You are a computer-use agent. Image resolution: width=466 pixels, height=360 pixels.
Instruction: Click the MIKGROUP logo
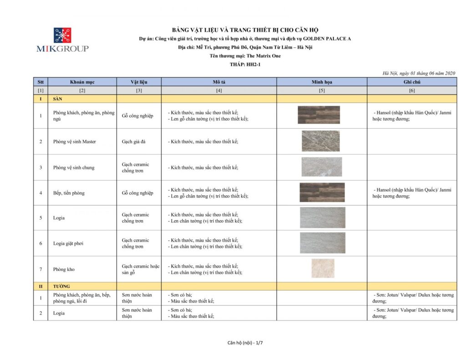click(x=62, y=40)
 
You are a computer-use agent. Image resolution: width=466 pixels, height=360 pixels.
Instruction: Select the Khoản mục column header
click(x=82, y=82)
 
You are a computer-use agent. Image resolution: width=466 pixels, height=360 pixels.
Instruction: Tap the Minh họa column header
click(x=322, y=82)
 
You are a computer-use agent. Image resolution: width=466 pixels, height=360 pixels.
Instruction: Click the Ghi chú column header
click(x=411, y=82)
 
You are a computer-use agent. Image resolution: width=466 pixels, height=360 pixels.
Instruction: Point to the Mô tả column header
click(x=219, y=82)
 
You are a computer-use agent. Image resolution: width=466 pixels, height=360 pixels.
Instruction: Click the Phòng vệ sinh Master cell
click(x=74, y=142)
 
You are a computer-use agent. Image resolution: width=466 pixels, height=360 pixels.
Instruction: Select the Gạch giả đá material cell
click(x=134, y=142)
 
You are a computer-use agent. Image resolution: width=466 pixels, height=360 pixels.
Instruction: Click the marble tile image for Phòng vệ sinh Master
click(x=320, y=141)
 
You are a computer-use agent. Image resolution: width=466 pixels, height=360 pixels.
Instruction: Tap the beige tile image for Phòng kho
click(x=323, y=269)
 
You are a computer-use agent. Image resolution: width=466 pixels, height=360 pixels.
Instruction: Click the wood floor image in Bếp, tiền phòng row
click(x=322, y=193)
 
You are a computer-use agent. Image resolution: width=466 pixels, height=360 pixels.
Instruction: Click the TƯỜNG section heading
click(x=61, y=287)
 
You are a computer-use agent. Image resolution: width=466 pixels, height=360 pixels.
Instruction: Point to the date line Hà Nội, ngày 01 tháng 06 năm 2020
click(x=419, y=73)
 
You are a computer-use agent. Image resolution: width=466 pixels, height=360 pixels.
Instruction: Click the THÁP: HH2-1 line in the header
click(x=245, y=65)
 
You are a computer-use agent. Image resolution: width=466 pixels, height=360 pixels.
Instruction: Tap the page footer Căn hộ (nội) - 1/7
click(x=245, y=343)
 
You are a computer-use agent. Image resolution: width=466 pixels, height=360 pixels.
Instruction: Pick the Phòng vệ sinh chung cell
click(x=74, y=167)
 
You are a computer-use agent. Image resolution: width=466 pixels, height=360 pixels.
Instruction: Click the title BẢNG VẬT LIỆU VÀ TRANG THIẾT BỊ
click(x=245, y=30)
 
